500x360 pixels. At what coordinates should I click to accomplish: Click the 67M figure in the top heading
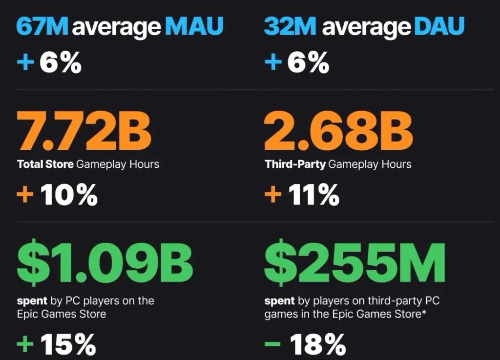[43, 27]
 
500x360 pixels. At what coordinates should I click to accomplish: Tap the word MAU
[194, 27]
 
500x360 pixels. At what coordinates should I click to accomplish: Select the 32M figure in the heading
[291, 27]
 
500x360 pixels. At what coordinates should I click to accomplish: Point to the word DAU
[439, 27]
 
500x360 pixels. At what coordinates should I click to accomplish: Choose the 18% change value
[318, 345]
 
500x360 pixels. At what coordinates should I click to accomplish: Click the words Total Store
[46, 164]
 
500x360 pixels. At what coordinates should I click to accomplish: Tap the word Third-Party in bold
[295, 164]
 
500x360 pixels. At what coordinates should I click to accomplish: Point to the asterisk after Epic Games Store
[423, 312]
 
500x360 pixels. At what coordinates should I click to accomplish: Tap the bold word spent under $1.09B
[32, 301]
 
